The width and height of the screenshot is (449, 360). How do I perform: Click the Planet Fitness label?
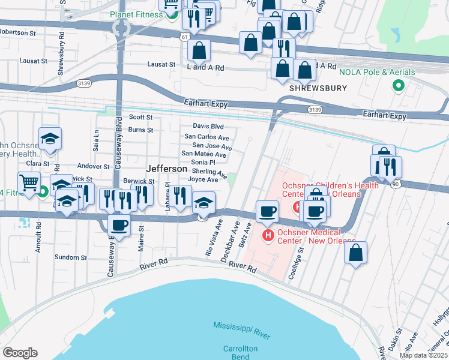coord(137,14)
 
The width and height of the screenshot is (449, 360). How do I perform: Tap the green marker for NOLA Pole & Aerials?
coord(397,86)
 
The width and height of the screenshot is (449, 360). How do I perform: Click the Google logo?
coord(20,353)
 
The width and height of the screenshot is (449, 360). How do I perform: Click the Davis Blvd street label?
coord(208,127)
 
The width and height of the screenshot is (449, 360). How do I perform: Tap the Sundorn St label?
coord(72,257)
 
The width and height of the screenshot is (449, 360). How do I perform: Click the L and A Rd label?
coord(206,68)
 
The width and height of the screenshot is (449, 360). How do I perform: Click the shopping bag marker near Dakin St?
coord(355,252)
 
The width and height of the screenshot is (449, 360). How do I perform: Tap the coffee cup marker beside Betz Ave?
coord(267,211)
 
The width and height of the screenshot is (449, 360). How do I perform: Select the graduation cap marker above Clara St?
coord(50,139)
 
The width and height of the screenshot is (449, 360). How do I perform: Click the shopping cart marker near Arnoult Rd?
coord(29,182)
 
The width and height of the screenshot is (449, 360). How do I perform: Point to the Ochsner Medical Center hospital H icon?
coord(268,234)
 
